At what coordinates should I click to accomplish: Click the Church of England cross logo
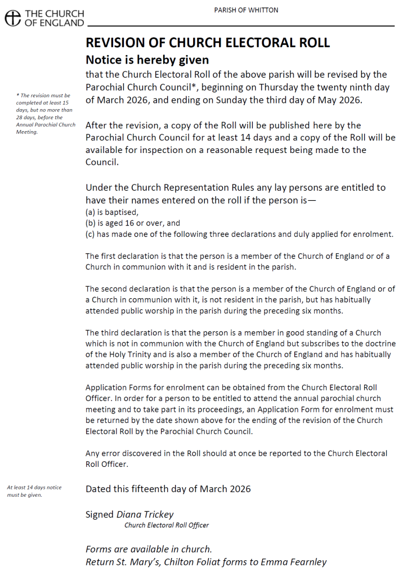tap(12, 19)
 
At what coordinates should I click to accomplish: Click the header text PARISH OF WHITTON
tap(246, 10)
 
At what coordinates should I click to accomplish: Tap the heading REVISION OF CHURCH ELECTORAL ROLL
tap(207, 43)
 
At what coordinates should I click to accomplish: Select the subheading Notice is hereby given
tap(147, 60)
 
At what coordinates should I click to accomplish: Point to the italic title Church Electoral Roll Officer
tap(166, 525)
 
